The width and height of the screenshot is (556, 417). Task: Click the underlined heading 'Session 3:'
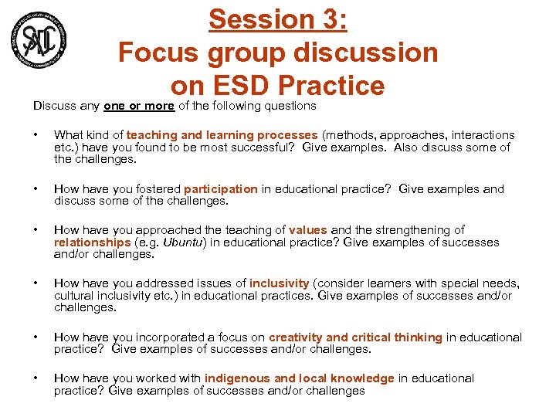278,19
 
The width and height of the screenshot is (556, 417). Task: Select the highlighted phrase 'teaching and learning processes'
222,135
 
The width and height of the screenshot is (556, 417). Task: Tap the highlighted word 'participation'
221,189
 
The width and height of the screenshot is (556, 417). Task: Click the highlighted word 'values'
308,230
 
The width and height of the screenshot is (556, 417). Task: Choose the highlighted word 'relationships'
93,242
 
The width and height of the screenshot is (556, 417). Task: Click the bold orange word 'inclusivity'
279,284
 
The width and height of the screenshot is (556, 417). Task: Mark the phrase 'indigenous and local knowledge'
299,378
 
